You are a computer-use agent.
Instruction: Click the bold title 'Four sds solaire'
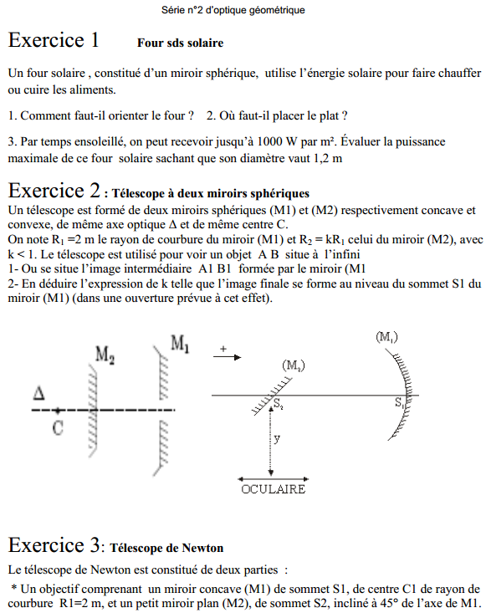click(180, 43)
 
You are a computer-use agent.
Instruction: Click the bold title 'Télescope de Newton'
click(166, 549)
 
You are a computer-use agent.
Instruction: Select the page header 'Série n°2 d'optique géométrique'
click(233, 10)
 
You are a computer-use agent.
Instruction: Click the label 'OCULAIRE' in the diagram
click(273, 489)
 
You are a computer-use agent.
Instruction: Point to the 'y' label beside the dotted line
click(278, 437)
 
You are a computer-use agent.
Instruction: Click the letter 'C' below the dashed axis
click(57, 427)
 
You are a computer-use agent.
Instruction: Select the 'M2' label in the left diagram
click(105, 355)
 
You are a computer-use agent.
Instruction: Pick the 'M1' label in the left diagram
click(180, 343)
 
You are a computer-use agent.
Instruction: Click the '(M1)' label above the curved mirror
click(386, 336)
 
